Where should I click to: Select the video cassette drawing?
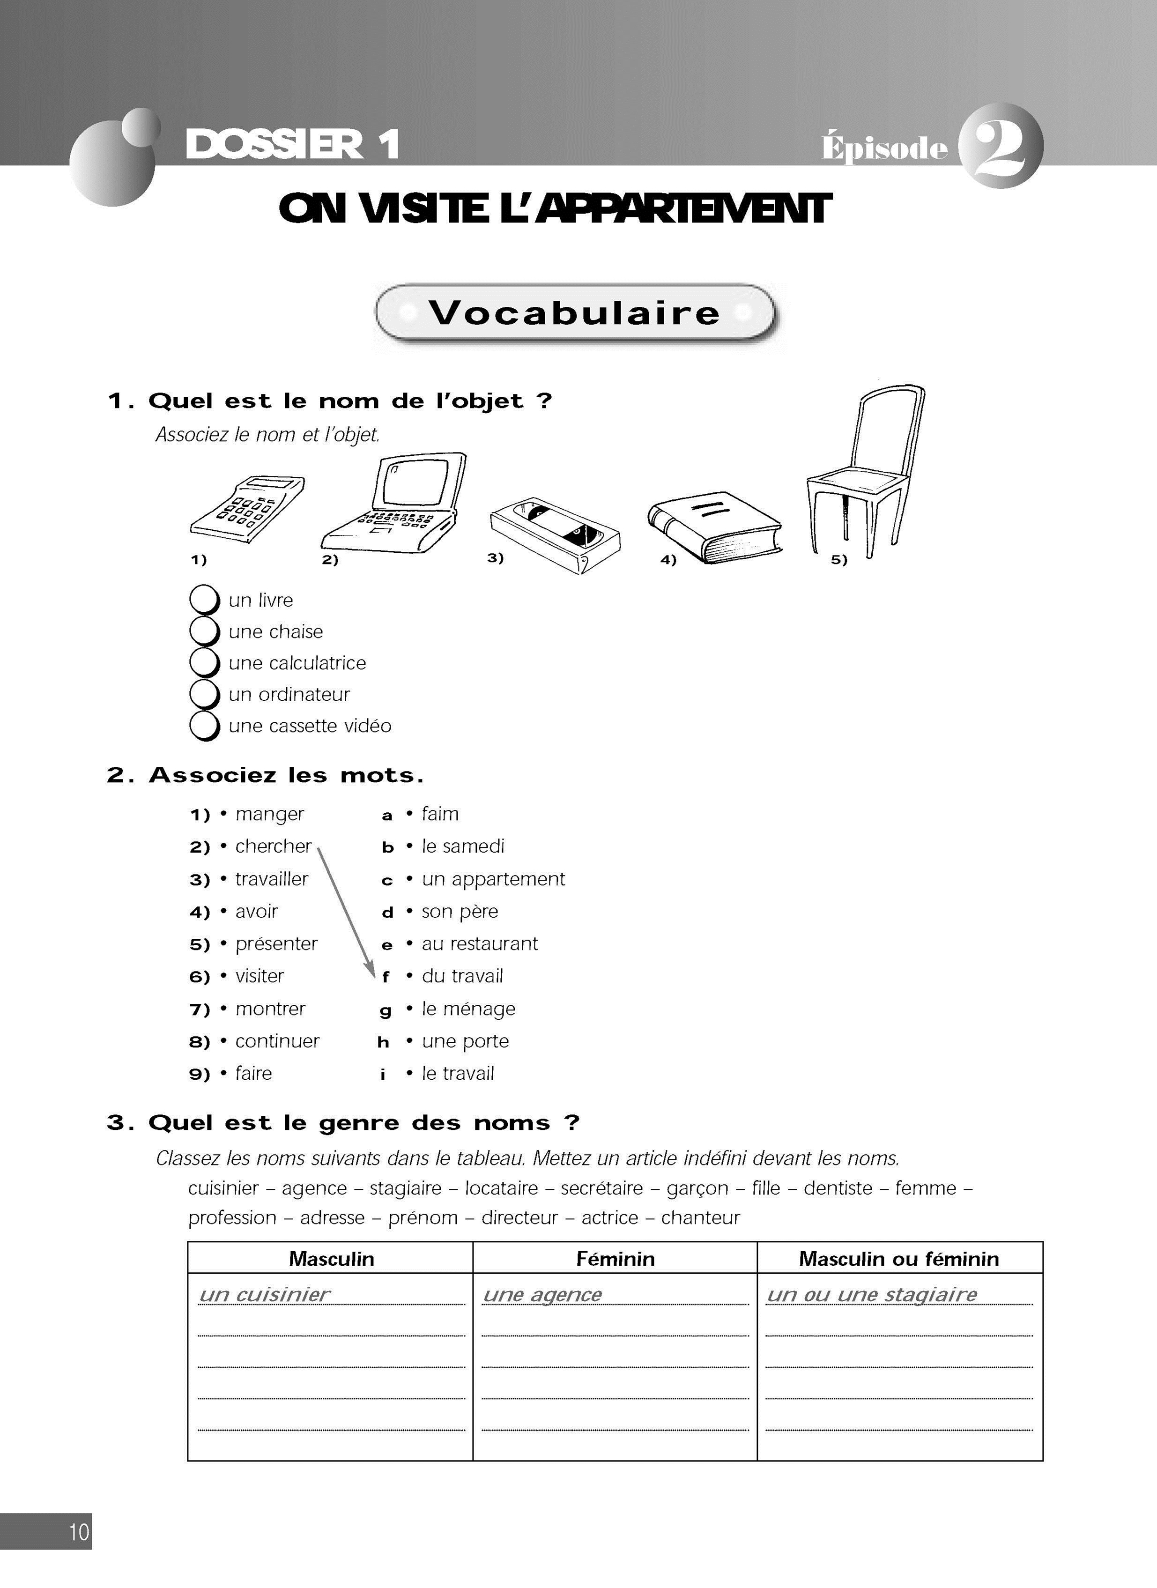pos(555,534)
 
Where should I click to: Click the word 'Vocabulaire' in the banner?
pos(574,312)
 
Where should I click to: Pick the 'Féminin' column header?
pos(615,1258)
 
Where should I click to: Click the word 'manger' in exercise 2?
pos(270,814)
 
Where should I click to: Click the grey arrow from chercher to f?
pos(345,910)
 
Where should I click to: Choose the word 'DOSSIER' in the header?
pos(274,144)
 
